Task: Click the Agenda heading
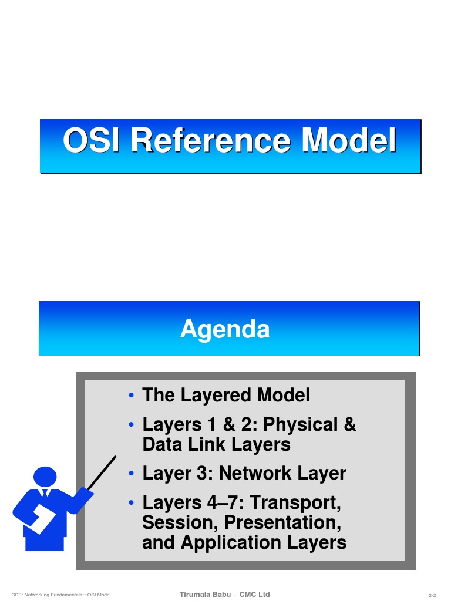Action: click(225, 329)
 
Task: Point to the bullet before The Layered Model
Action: click(133, 396)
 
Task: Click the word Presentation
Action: click(281, 522)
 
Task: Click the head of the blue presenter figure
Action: click(45, 477)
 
